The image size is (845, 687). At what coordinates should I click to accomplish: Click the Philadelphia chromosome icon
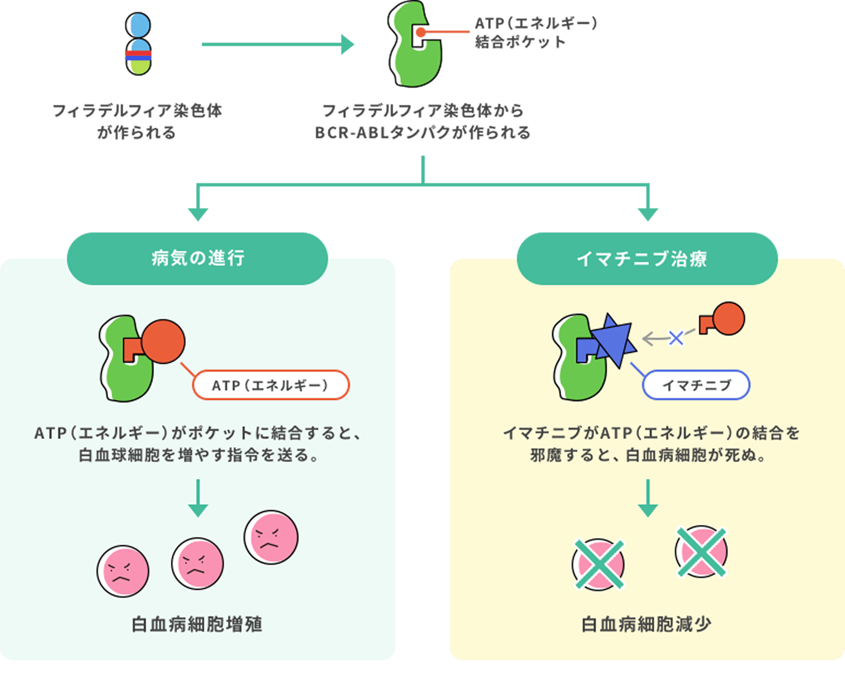click(x=138, y=44)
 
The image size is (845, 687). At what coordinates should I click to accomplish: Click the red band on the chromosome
click(x=138, y=53)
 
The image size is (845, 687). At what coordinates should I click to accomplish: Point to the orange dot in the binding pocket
click(x=420, y=32)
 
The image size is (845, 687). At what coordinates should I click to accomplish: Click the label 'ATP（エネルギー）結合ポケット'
click(x=536, y=32)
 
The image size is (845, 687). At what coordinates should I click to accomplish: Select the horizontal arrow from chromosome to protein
click(x=277, y=44)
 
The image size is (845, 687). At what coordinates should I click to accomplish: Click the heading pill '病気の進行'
click(x=197, y=259)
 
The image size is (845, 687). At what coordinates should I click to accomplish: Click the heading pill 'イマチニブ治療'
click(x=647, y=259)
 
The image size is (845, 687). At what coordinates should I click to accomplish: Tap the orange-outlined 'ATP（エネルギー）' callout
click(x=271, y=385)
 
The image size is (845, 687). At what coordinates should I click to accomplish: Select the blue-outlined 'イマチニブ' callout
click(x=696, y=385)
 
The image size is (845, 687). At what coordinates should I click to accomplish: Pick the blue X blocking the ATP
click(x=676, y=338)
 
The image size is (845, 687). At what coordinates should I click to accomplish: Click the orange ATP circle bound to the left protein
click(x=162, y=341)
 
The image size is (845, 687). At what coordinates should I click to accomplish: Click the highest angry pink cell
click(x=271, y=537)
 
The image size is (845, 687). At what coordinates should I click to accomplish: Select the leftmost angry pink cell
click(x=123, y=571)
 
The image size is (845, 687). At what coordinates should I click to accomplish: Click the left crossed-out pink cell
click(x=598, y=564)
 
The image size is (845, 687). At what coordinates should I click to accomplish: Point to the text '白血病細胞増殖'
click(x=197, y=624)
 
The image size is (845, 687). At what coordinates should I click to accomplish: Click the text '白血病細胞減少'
click(x=646, y=624)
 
